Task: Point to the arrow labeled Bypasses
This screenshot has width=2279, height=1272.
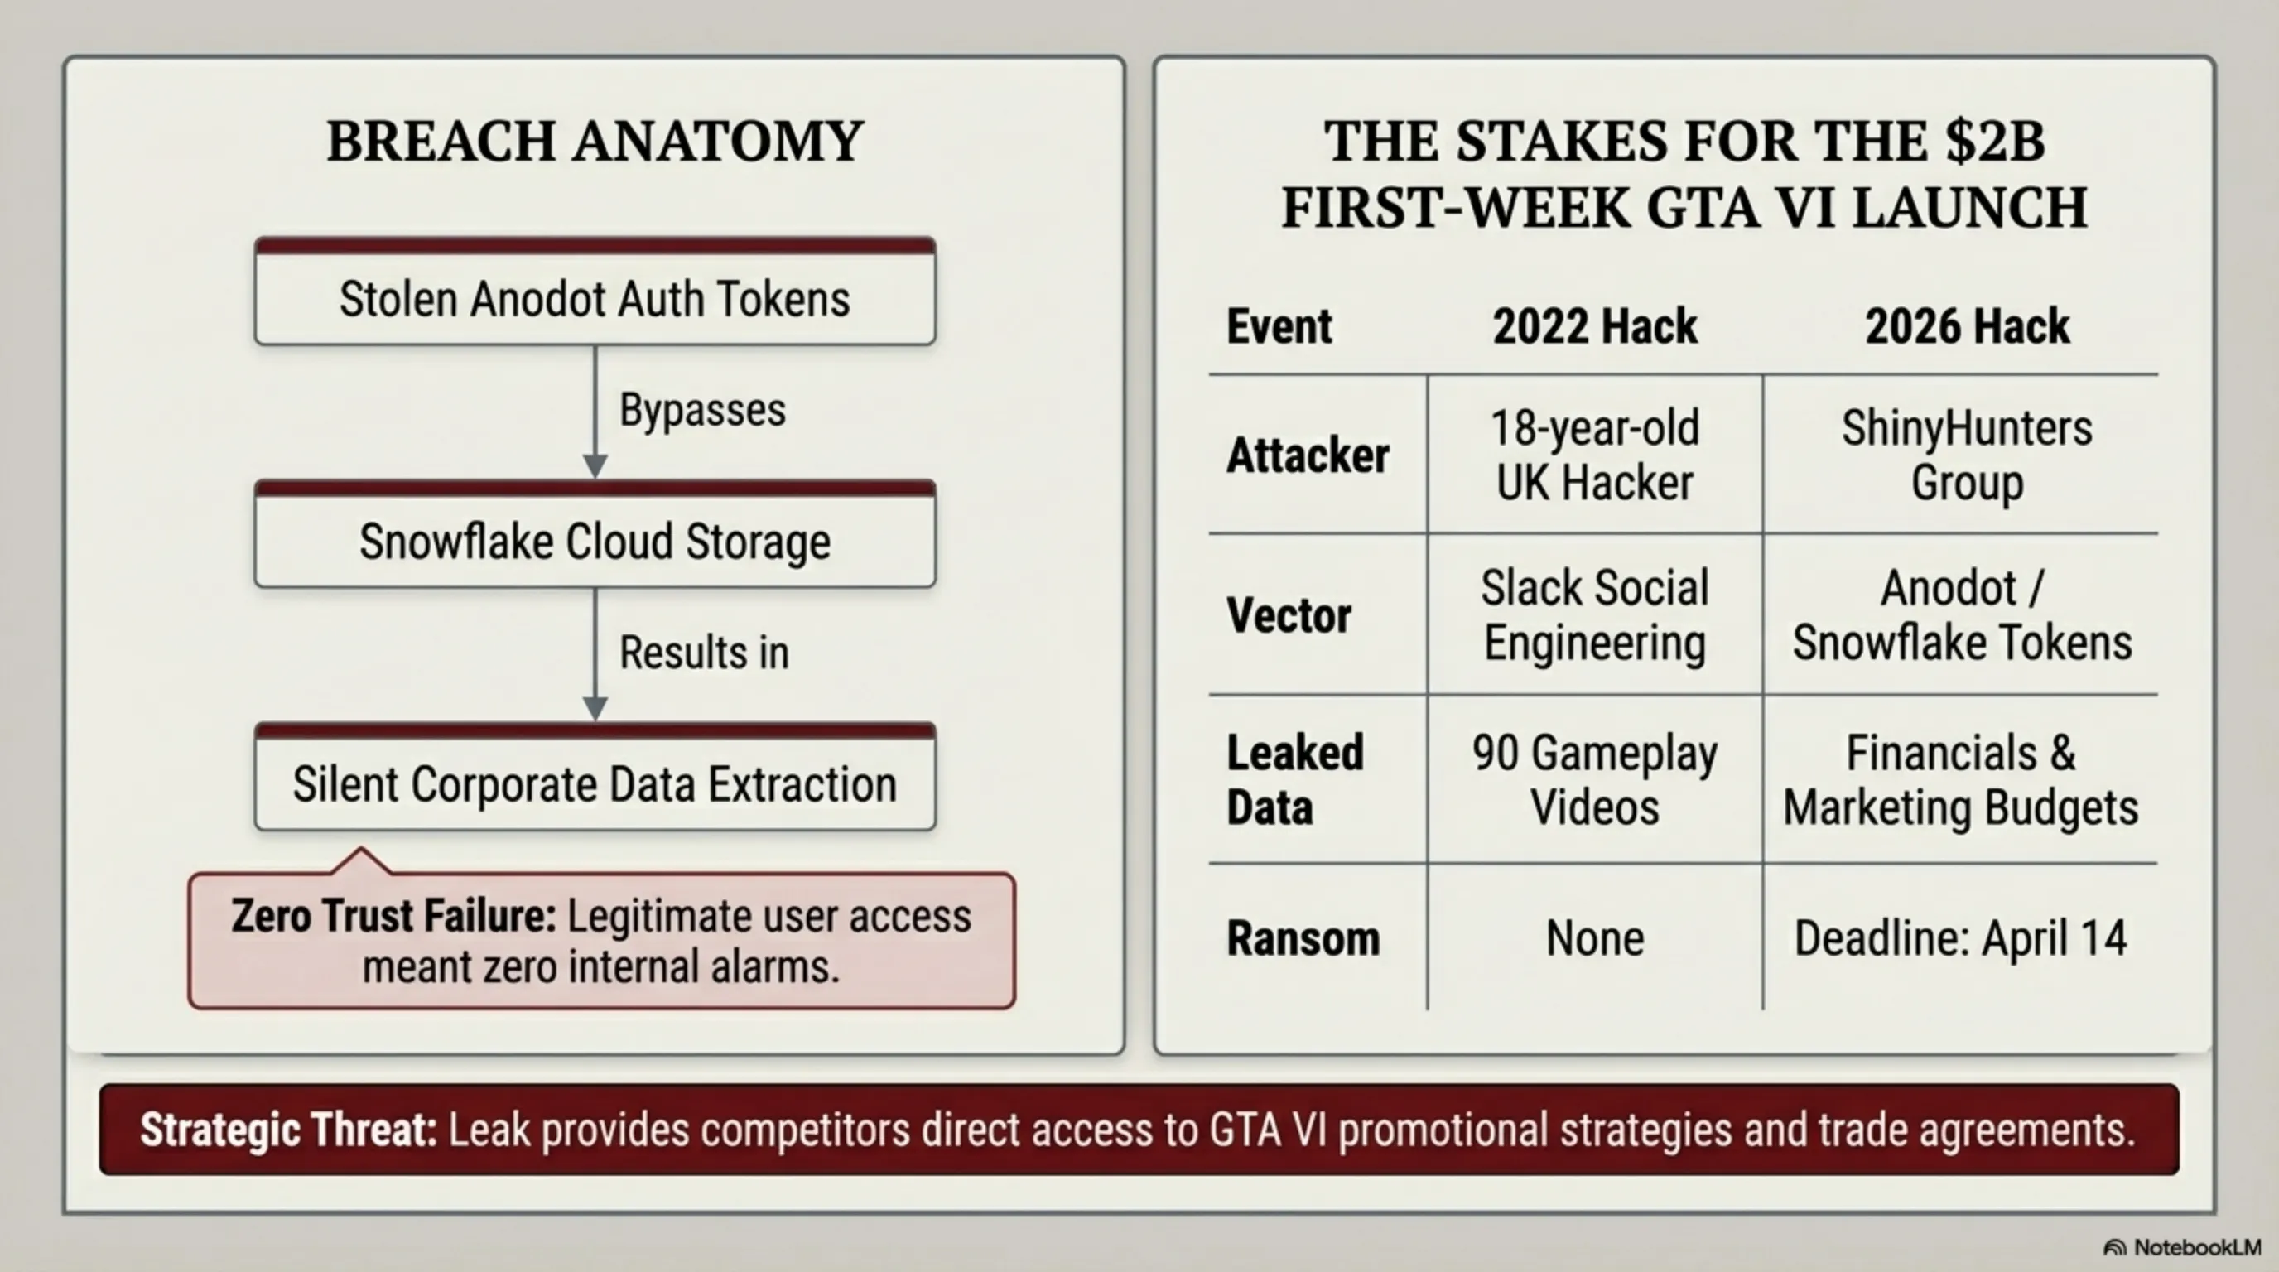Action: click(x=595, y=412)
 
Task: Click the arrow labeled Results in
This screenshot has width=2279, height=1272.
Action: click(x=595, y=654)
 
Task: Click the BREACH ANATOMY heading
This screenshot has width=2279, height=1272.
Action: click(x=595, y=141)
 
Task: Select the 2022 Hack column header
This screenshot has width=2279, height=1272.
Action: click(x=1594, y=326)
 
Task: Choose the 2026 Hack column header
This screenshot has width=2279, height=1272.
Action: click(x=1967, y=326)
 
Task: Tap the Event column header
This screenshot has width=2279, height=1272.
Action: click(x=1279, y=326)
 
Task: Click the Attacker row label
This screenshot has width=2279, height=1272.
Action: click(x=1308, y=455)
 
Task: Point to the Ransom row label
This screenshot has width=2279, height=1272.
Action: click(x=1303, y=937)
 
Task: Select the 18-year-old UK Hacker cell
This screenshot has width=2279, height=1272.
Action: click(x=1594, y=455)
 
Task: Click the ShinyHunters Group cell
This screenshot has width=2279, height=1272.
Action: click(x=1967, y=455)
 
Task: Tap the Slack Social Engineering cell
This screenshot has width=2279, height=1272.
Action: click(x=1594, y=614)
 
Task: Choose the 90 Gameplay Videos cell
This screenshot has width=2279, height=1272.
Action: click(x=1594, y=780)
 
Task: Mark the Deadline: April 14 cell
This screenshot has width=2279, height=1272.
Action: click(x=1960, y=937)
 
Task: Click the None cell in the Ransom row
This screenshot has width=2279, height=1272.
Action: click(x=1594, y=937)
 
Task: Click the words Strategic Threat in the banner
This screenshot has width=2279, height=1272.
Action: click(x=288, y=1130)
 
